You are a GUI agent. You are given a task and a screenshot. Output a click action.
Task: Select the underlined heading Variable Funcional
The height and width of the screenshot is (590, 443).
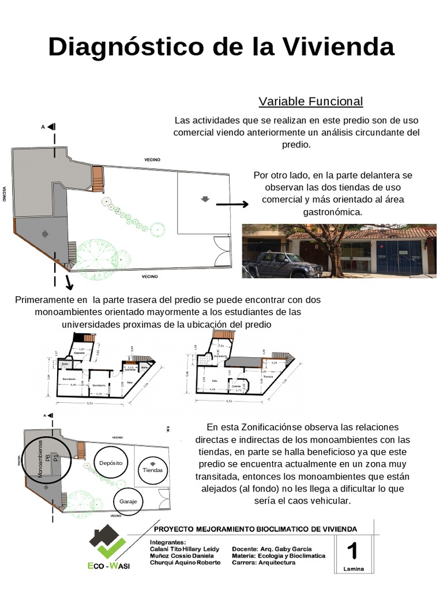(310, 101)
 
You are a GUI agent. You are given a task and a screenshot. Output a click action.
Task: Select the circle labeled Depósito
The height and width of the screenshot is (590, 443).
(109, 463)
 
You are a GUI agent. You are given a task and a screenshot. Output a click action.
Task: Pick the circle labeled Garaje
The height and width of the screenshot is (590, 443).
(129, 501)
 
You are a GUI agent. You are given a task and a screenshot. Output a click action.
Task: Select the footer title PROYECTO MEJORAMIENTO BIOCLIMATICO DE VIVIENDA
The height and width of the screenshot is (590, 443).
(254, 528)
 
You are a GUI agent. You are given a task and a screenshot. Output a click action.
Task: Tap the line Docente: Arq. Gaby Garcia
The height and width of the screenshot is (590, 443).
(271, 549)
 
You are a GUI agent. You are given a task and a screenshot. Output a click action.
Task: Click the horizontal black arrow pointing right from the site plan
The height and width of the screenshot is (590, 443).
(232, 204)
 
